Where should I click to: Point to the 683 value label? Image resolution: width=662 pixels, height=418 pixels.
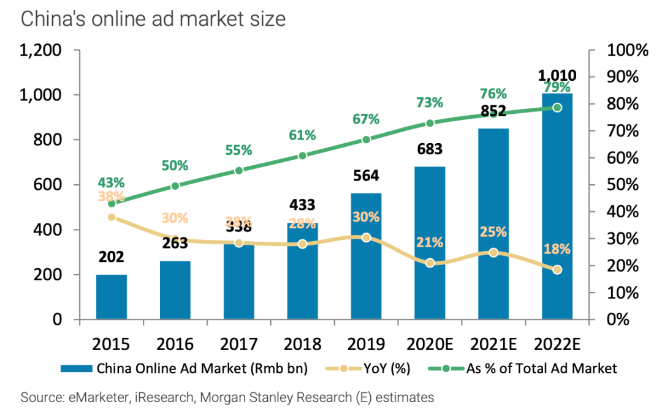430,149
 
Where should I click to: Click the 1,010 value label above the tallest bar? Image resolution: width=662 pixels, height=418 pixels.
557,76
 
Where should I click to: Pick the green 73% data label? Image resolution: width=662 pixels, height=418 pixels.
430,103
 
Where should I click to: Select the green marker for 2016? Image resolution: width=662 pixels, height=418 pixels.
175,186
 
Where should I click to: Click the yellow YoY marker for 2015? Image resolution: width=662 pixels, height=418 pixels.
112,217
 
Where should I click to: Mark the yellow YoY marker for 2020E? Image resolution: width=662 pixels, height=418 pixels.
430,263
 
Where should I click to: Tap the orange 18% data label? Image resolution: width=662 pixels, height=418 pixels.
557,249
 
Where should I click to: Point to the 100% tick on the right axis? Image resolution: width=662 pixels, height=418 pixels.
627,50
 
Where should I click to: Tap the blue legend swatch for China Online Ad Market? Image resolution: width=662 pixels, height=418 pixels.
76,368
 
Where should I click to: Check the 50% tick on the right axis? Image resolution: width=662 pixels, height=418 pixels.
627,185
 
